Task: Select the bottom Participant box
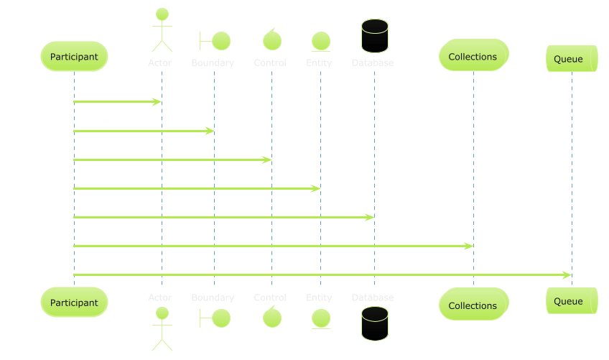point(74,303)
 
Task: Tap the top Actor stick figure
point(162,30)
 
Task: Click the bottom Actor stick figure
point(162,328)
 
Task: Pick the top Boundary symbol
point(214,40)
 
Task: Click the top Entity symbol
point(320,41)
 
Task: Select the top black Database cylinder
point(374,35)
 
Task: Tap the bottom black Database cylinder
point(374,323)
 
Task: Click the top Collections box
point(473,55)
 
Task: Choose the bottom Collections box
point(473,305)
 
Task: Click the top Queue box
point(571,59)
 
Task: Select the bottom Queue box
point(571,300)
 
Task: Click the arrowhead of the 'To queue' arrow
point(567,274)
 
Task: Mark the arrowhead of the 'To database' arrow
point(370,217)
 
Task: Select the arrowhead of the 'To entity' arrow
point(316,188)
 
